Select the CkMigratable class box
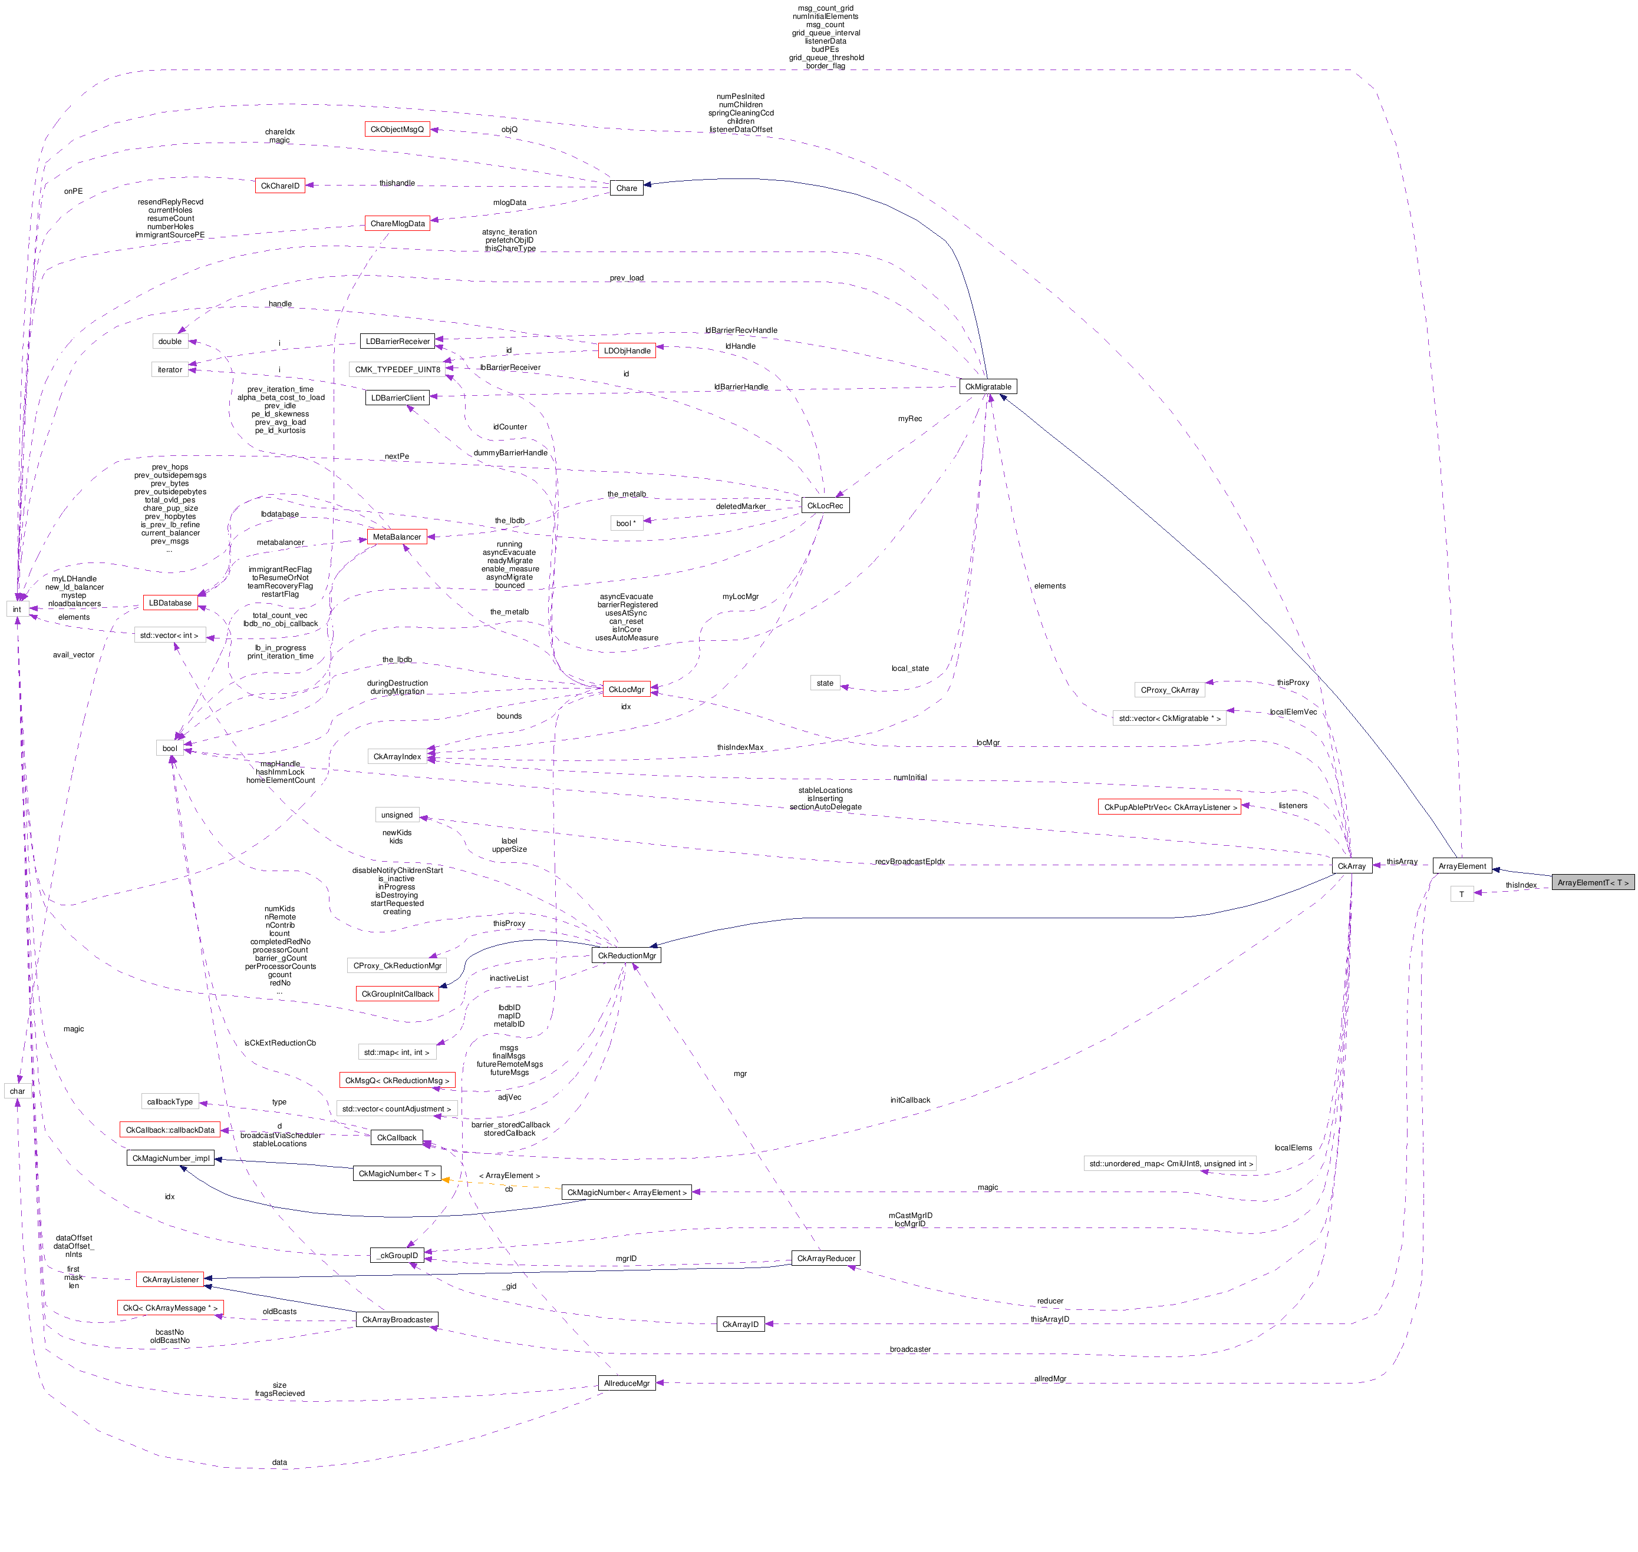[987, 386]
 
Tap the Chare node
[627, 188]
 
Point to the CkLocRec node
[825, 505]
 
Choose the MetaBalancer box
[397, 537]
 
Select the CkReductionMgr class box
[627, 955]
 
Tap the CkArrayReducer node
[825, 1258]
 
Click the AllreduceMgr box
[627, 1383]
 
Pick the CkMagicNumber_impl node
[170, 1158]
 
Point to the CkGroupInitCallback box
[397, 994]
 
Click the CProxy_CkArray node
[1169, 689]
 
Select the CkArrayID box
[740, 1325]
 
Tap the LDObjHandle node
[627, 351]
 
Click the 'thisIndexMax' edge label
[740, 747]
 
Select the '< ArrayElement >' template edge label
[509, 1176]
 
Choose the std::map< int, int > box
[397, 1053]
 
